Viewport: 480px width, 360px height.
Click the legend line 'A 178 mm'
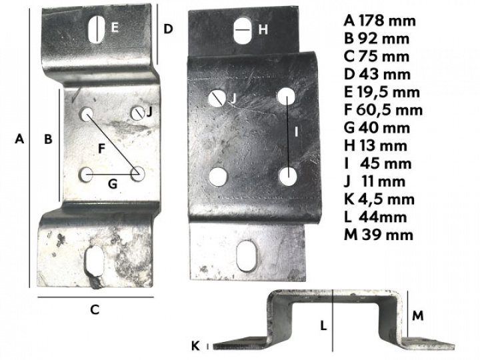tap(379, 21)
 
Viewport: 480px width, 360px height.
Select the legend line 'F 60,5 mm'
tap(383, 110)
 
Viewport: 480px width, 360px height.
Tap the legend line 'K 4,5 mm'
tap(379, 199)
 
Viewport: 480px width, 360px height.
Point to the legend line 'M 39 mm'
tap(379, 235)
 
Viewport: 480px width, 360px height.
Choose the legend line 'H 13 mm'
tap(375, 146)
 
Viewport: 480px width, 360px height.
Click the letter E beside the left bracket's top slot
tap(115, 28)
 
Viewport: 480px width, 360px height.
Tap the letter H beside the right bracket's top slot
tap(263, 30)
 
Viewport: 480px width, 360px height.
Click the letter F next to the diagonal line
tap(102, 149)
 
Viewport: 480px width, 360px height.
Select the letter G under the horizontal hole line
tap(113, 184)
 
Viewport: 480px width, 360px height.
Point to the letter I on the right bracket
tap(296, 131)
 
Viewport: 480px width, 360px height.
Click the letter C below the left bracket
tap(95, 309)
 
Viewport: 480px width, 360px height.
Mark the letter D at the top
tap(169, 29)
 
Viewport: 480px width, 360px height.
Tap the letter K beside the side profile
tap(195, 346)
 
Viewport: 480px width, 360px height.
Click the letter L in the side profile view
tap(323, 326)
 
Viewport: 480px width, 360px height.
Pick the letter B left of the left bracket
tap(49, 139)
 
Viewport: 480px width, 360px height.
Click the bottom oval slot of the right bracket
tap(247, 256)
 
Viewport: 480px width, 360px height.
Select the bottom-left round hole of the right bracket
tap(218, 177)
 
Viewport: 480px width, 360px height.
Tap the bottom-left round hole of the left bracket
tap(86, 175)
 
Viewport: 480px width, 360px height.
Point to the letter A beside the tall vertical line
tap(19, 139)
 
